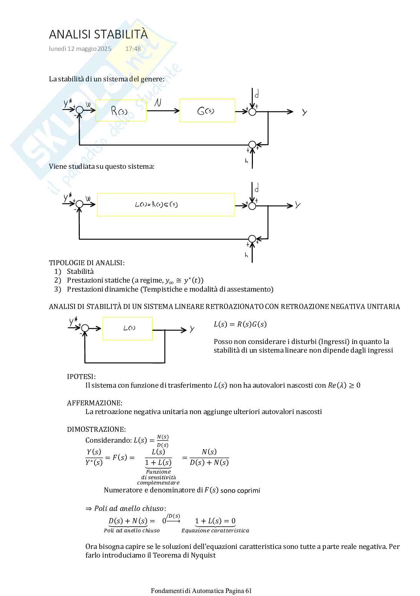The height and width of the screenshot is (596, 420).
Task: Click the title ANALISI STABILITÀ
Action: pos(98,34)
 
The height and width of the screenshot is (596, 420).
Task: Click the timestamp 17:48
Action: pos(133,49)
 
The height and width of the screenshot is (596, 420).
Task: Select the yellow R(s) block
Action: pos(121,111)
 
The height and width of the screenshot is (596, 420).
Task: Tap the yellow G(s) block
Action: pos(207,111)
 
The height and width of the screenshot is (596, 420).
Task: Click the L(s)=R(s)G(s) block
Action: pos(166,205)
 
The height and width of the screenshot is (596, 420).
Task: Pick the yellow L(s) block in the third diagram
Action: pos(128,329)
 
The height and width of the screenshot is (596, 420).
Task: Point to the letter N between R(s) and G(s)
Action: pos(158,102)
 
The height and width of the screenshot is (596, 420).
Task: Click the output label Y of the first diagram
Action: pos(304,112)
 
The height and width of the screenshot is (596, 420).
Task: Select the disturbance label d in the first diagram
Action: pos(257,94)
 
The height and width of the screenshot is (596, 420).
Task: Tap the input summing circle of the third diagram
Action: pos(85,329)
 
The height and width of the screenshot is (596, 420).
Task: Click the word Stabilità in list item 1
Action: pos(80,272)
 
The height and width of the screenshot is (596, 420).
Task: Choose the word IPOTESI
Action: pos(81,377)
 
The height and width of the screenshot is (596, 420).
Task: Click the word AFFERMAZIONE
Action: pos(94,403)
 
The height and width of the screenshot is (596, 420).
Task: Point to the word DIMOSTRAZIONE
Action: pos(96,429)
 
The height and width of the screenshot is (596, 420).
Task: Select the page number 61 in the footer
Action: pos(248,591)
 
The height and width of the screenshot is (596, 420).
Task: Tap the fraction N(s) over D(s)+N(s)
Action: pos(209,457)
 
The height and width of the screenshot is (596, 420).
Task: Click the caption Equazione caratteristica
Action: pos(215,531)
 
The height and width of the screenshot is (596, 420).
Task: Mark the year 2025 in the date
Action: pos(105,49)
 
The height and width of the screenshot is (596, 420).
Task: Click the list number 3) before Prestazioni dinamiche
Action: pos(58,289)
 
